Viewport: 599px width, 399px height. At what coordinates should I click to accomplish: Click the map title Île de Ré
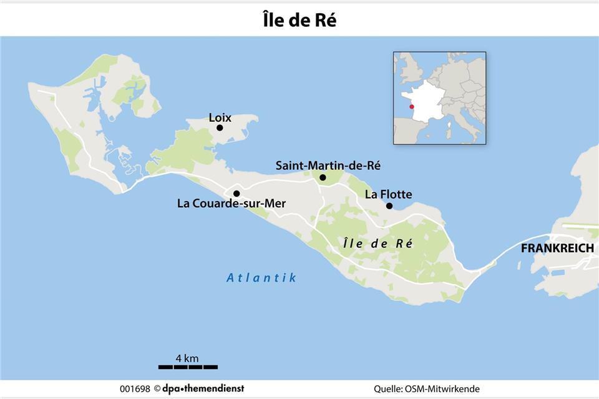(x=299, y=20)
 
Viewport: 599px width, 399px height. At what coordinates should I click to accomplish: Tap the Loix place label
(x=220, y=117)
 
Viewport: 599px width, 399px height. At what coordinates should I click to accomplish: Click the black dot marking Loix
(x=220, y=128)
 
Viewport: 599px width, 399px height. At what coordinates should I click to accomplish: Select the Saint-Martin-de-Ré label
(x=328, y=165)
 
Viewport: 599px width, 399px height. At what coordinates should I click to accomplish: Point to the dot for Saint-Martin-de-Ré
(x=323, y=178)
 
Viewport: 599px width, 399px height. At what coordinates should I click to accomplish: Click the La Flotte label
(x=388, y=194)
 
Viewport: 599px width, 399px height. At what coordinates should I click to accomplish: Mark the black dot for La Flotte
(x=389, y=206)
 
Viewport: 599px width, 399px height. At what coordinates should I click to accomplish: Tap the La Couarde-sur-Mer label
(x=231, y=204)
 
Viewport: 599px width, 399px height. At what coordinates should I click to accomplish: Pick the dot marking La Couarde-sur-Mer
(x=236, y=194)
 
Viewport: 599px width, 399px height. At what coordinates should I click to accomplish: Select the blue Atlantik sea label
(x=261, y=278)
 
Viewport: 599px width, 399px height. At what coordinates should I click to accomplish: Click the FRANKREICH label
(x=557, y=248)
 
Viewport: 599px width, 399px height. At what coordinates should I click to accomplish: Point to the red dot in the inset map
(x=411, y=107)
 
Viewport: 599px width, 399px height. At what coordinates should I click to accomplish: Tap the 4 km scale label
(x=187, y=358)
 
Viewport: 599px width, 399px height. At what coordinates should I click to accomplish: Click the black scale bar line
(x=188, y=367)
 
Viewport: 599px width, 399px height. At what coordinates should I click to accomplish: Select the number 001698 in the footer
(x=135, y=388)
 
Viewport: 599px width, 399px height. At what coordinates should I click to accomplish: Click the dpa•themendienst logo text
(x=204, y=388)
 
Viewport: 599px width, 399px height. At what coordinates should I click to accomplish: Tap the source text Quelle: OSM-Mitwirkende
(x=427, y=388)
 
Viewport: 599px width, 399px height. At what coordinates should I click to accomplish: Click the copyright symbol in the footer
(x=158, y=388)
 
